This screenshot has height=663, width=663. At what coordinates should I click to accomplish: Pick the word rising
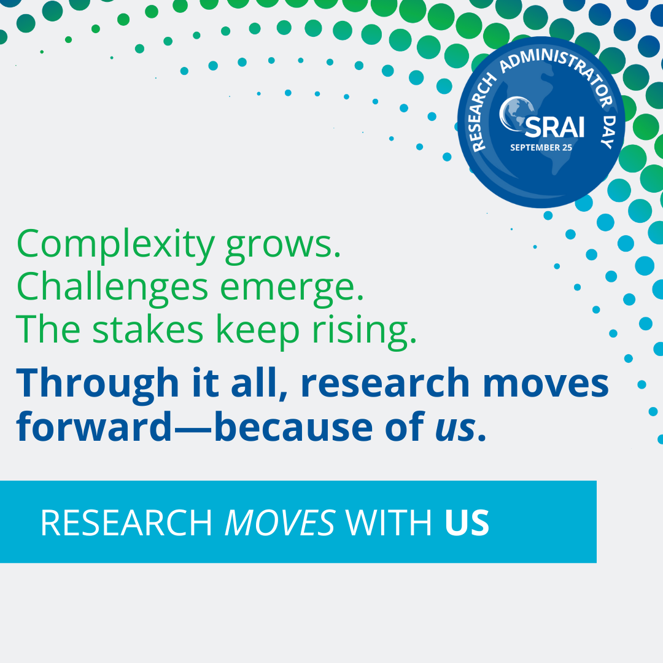(364, 331)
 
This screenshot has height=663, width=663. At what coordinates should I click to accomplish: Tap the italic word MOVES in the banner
(280, 523)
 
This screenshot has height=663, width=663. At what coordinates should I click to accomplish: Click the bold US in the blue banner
(467, 523)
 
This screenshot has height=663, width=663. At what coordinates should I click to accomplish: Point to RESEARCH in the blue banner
(126, 523)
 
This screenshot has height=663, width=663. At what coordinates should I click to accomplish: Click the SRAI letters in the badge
(554, 127)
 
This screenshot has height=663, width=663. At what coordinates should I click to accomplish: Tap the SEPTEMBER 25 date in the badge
(541, 147)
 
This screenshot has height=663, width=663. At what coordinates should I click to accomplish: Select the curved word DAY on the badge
(609, 131)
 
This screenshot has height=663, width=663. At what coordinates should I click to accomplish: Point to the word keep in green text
(257, 331)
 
